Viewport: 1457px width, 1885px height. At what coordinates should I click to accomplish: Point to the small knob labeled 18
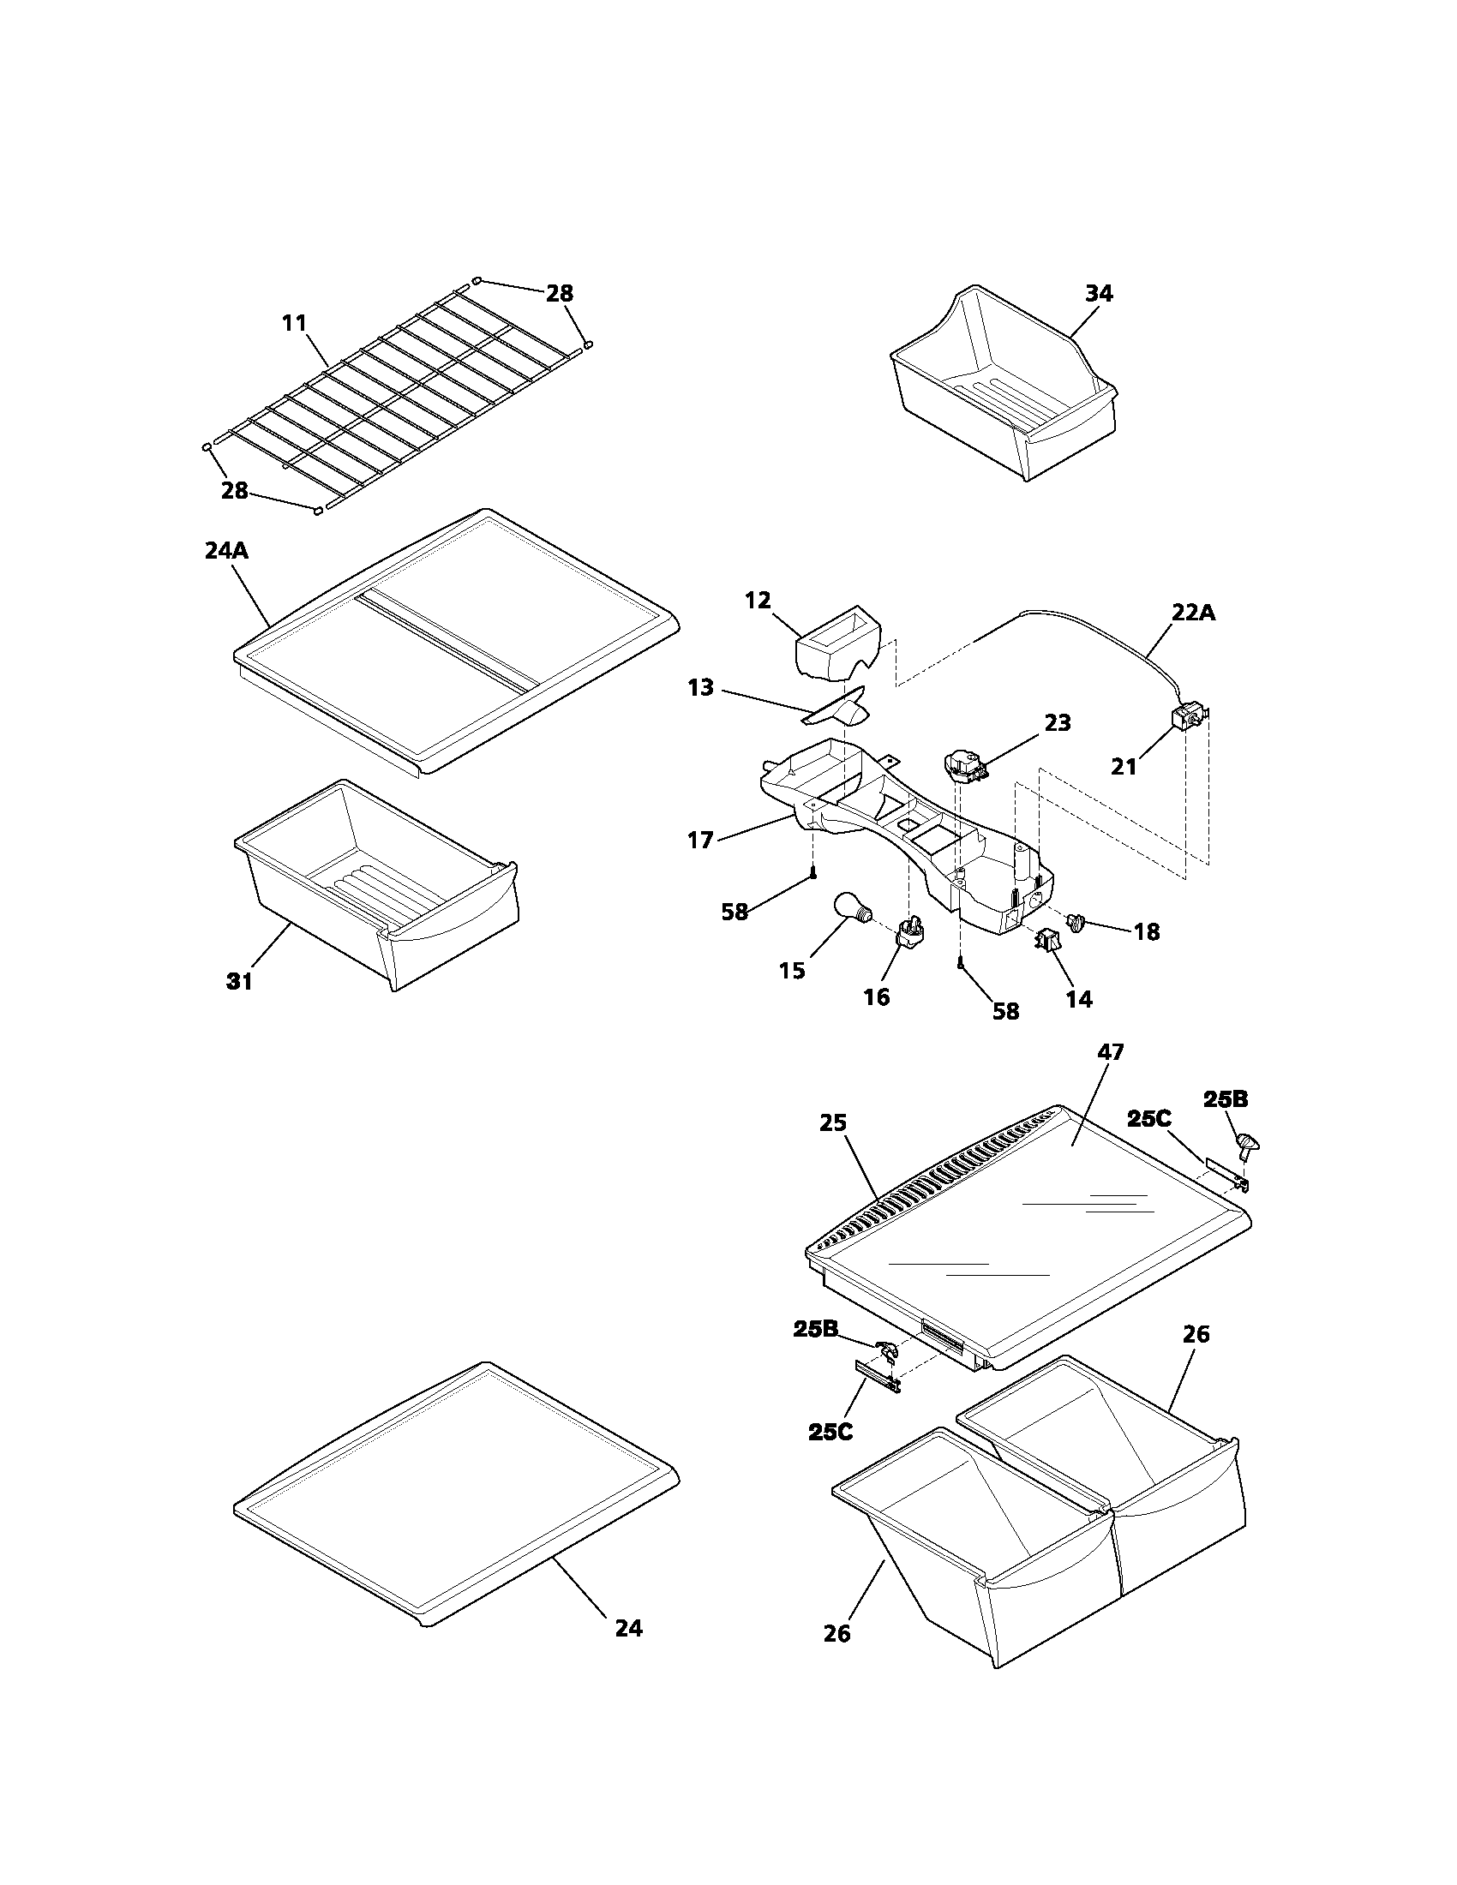click(x=1076, y=922)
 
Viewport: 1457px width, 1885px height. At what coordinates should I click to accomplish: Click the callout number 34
click(x=1098, y=293)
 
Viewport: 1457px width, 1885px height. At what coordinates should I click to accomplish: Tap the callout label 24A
click(x=226, y=551)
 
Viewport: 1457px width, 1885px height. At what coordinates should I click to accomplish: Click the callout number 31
click(x=239, y=981)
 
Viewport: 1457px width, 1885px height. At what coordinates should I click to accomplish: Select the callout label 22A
click(x=1194, y=612)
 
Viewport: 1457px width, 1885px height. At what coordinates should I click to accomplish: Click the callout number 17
click(x=700, y=839)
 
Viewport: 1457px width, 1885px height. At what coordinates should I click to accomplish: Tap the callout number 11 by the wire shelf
click(x=294, y=323)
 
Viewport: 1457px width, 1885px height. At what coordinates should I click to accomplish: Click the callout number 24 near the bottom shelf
click(x=628, y=1628)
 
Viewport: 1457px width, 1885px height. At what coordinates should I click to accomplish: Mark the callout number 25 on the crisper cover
click(x=833, y=1123)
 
